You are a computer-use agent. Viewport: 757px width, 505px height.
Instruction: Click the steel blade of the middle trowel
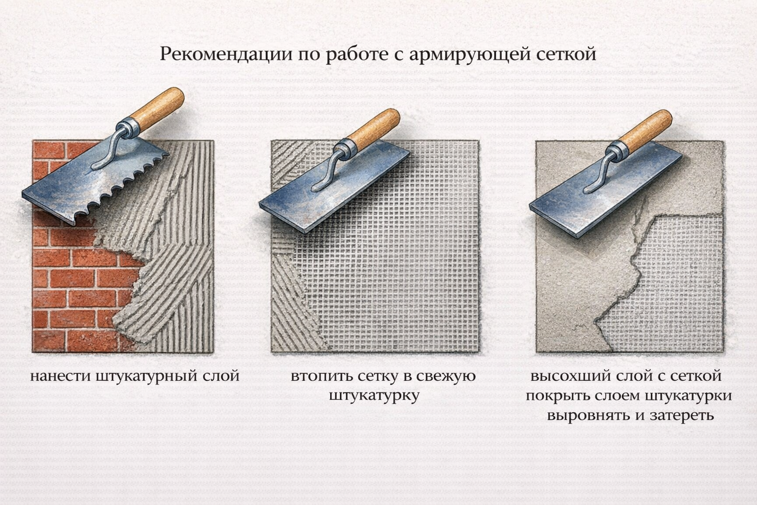pyautogui.click(x=335, y=188)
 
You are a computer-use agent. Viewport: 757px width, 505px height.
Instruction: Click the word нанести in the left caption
pyautogui.click(x=60, y=376)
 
